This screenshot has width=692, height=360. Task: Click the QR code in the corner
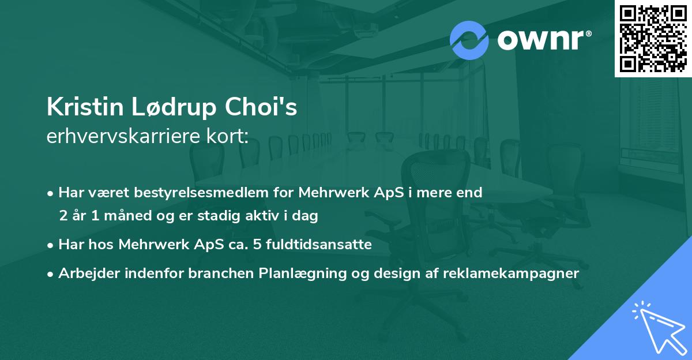tap(653, 39)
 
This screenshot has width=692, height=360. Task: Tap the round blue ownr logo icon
tap(469, 40)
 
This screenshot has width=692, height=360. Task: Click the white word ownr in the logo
tap(540, 40)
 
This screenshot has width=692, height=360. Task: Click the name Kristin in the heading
tap(85, 107)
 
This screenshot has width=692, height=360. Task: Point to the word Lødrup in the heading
tap(174, 107)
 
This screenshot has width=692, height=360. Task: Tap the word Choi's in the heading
tap(261, 107)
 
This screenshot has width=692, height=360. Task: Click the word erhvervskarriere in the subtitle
tap(123, 136)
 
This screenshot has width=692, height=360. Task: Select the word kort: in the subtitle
tap(227, 136)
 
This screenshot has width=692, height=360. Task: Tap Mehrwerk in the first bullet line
tap(334, 193)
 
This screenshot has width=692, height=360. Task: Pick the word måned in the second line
tap(127, 215)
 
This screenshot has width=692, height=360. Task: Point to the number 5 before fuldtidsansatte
tap(257, 245)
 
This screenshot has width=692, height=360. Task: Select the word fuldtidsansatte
tap(319, 245)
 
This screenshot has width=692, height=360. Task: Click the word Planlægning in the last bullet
tap(302, 273)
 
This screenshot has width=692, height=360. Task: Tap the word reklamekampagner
tap(511, 273)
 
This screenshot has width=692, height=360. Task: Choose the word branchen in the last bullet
tap(221, 273)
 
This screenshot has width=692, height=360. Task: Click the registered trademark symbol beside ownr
tap(588, 33)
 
